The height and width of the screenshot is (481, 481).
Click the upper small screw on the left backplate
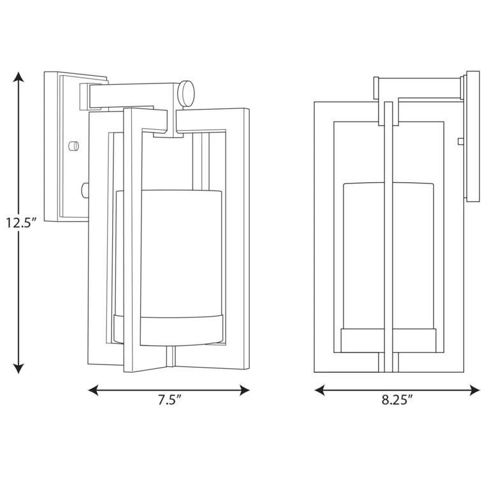click(75, 145)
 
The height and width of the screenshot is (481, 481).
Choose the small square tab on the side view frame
click(460, 140)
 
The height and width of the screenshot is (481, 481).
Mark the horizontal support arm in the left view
click(134, 96)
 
